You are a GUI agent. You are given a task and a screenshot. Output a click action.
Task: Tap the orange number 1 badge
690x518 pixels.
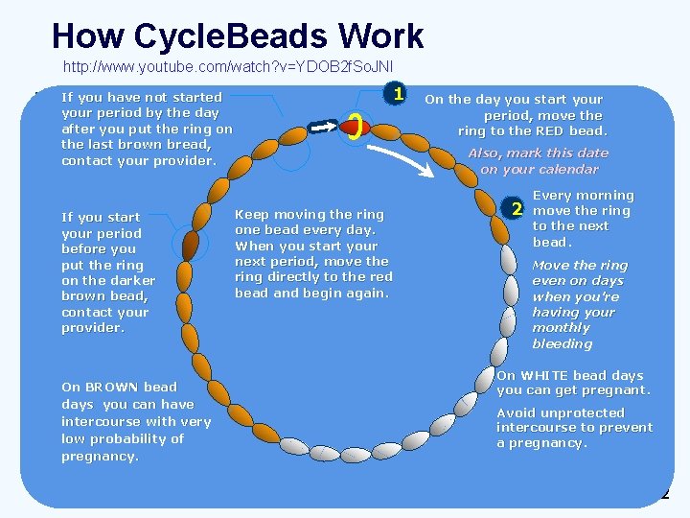point(394,94)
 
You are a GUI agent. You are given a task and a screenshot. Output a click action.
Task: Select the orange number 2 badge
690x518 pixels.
point(517,209)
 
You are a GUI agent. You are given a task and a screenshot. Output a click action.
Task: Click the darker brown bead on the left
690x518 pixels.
point(190,247)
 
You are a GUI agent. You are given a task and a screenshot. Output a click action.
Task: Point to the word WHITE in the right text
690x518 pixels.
point(547,375)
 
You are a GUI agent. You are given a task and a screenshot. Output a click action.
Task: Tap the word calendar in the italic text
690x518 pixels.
point(563,169)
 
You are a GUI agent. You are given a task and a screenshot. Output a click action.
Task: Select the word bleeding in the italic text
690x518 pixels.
point(562,343)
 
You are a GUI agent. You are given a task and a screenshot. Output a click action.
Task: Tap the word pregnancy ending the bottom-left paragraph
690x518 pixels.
point(100,457)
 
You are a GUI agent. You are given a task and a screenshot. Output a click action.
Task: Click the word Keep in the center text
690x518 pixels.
point(251,215)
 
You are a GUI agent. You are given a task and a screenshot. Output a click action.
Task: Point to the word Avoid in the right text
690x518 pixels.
point(516,412)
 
